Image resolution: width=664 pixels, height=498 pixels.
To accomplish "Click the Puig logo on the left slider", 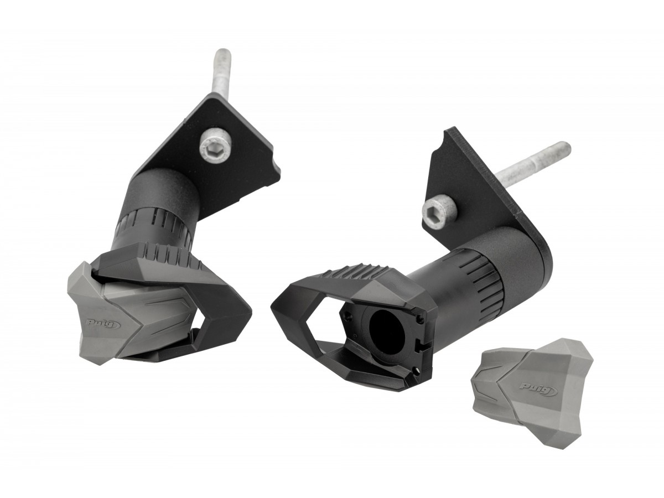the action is tap(102, 324).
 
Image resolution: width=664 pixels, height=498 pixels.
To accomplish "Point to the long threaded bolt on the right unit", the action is tap(532, 163).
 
